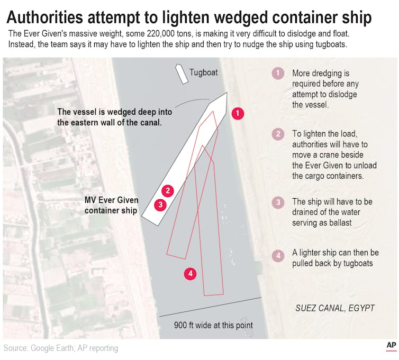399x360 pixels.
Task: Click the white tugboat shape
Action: (182, 74)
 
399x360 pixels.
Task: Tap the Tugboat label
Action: (204, 73)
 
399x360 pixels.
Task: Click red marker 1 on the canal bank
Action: (238, 113)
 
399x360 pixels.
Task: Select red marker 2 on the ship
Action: (168, 191)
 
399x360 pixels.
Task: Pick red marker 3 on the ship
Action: (160, 205)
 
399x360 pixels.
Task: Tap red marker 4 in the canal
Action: (191, 274)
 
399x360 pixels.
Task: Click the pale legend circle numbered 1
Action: (278, 73)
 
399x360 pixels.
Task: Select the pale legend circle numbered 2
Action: (278, 134)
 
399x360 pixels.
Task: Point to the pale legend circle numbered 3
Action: (278, 202)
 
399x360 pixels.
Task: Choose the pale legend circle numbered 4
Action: (278, 255)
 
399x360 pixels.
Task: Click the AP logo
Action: (391, 346)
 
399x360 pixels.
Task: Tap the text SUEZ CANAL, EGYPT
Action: (335, 308)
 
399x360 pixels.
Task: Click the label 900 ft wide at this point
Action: (213, 325)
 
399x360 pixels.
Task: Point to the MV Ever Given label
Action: (112, 200)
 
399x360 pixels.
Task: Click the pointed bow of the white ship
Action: (226, 93)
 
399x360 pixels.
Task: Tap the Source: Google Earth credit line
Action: (61, 348)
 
